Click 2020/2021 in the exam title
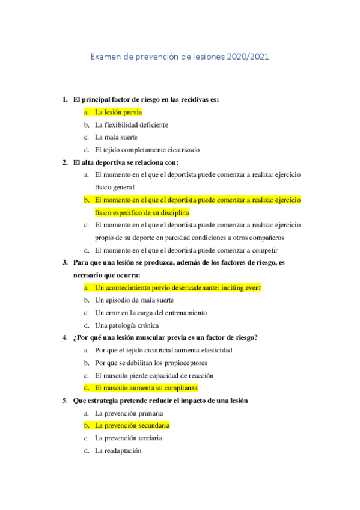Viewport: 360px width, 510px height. pyautogui.click(x=248, y=57)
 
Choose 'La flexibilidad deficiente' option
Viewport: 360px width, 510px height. pyautogui.click(x=132, y=124)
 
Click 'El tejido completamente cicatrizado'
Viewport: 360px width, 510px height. pyautogui.click(x=147, y=150)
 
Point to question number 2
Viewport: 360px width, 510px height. pyautogui.click(x=65, y=162)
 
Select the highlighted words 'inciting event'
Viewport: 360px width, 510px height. pyautogui.click(x=241, y=288)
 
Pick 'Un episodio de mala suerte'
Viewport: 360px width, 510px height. pyautogui.click(x=134, y=300)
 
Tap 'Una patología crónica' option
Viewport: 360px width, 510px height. pyautogui.click(x=126, y=325)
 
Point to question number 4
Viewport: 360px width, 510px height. pyautogui.click(x=65, y=337)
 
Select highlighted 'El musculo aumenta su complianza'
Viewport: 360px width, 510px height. pyautogui.click(x=146, y=388)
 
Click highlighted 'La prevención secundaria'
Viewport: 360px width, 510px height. pyautogui.click(x=132, y=425)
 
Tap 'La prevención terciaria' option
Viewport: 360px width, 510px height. pyautogui.click(x=129, y=438)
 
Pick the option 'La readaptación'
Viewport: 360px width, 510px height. pyautogui.click(x=118, y=450)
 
